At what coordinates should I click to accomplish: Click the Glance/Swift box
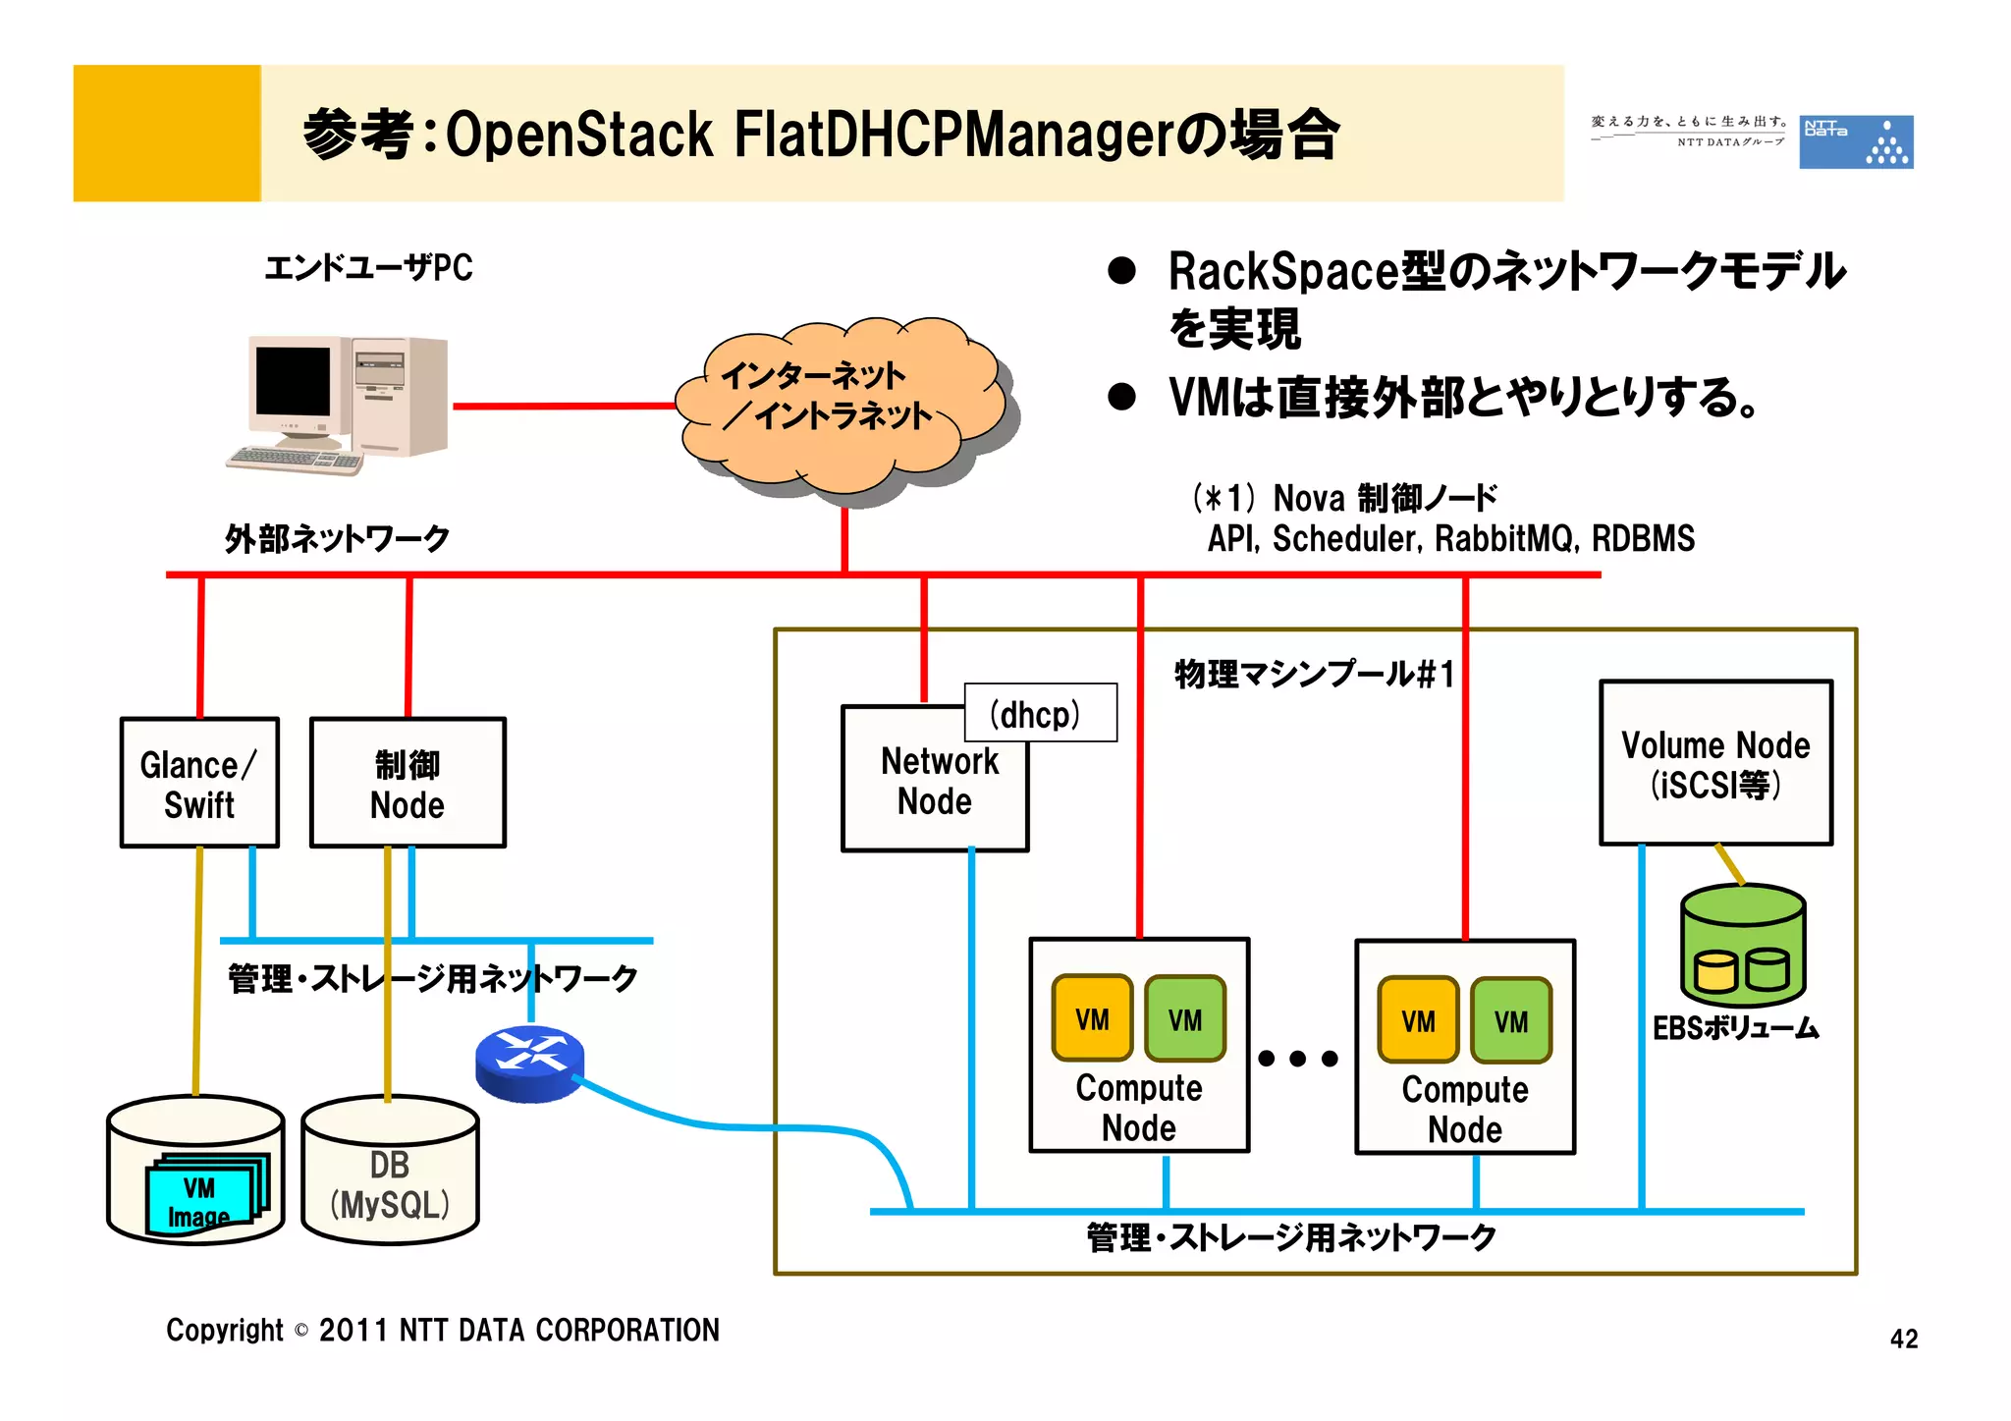[199, 783]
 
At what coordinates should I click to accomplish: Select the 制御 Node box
[408, 783]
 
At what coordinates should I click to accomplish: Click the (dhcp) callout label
[1040, 713]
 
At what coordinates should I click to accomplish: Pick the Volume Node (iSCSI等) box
[1715, 763]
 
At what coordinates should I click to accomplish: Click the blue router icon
[529, 1064]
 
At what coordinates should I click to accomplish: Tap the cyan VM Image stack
[203, 1196]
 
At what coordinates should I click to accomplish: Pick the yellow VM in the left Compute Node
[1092, 1018]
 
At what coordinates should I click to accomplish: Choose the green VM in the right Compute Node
[1511, 1020]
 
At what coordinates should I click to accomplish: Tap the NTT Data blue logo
[1855, 141]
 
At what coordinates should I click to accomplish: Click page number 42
[1903, 1339]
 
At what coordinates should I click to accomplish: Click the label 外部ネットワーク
[337, 538]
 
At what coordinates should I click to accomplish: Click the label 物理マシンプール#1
[1314, 675]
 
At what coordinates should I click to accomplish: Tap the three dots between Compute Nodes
[1298, 1058]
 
